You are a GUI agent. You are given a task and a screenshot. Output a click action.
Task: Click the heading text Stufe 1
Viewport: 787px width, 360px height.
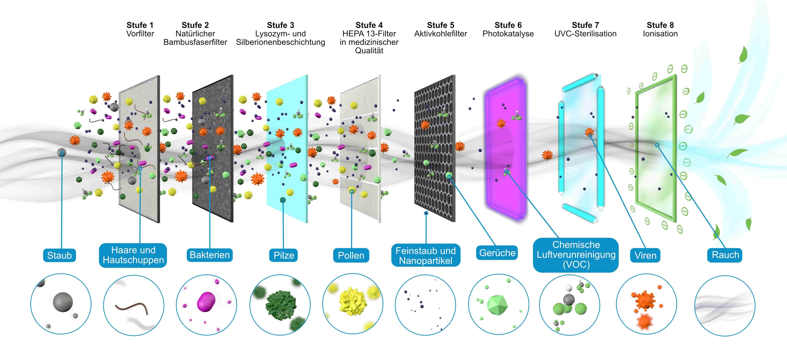click(x=140, y=25)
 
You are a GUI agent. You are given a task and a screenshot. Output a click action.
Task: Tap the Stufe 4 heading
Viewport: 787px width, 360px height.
click(x=369, y=25)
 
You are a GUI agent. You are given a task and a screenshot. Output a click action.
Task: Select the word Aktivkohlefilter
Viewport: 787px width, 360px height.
click(x=441, y=34)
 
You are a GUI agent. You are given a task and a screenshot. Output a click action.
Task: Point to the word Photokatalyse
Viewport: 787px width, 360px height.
click(x=508, y=34)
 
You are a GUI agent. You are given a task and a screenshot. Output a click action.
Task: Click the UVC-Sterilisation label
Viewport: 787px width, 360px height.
click(x=585, y=34)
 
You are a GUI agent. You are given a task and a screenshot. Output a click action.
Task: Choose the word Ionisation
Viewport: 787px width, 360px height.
click(x=660, y=34)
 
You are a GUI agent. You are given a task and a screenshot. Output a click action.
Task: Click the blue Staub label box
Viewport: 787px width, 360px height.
click(x=59, y=255)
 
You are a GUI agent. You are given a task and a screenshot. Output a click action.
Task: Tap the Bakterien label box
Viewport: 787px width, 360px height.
click(x=210, y=255)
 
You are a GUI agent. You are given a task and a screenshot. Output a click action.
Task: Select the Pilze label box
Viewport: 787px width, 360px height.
click(x=283, y=255)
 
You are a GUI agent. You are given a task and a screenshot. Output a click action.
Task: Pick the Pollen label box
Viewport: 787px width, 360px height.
click(x=351, y=255)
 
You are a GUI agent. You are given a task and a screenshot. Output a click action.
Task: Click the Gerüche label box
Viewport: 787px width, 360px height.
click(x=497, y=253)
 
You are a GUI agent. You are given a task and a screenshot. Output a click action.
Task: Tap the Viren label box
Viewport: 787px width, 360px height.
click(x=645, y=255)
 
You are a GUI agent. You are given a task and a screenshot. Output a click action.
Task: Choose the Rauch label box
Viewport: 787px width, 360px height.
click(x=725, y=255)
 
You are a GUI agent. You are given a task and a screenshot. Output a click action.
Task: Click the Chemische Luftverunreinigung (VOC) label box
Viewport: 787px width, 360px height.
click(x=576, y=255)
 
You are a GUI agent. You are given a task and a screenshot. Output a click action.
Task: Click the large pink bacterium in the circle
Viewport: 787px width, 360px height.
click(x=207, y=302)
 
